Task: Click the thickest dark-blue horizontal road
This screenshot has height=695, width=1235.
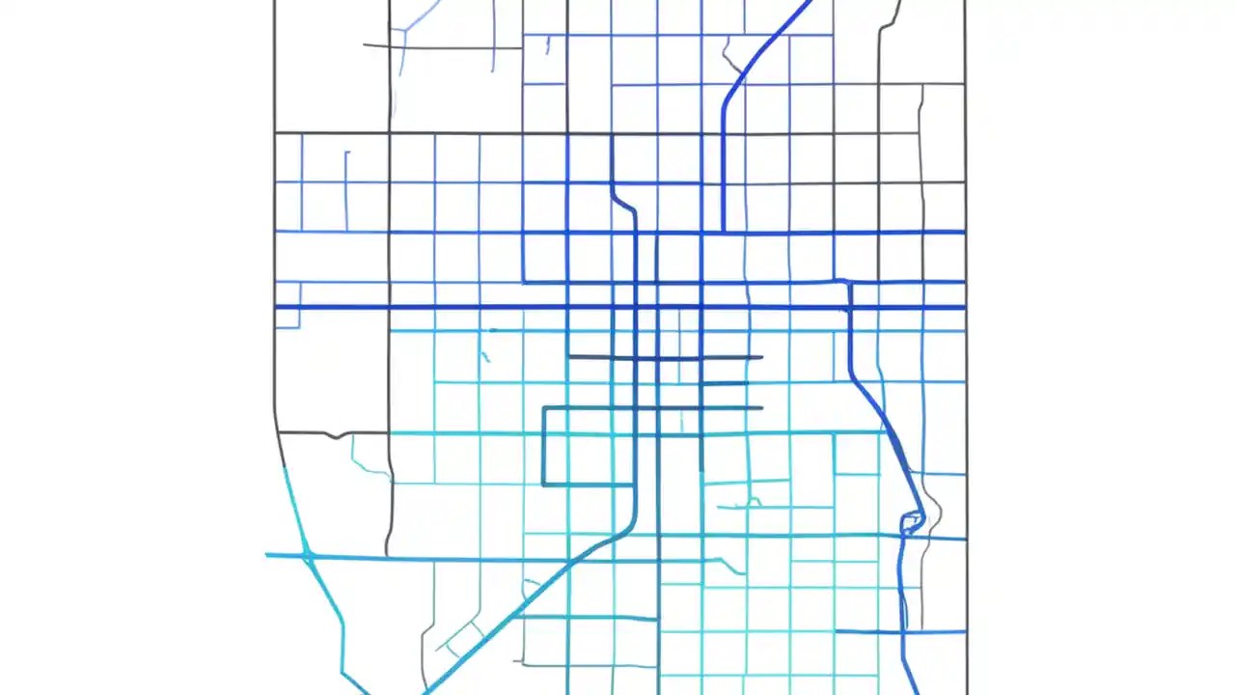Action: pos(617,307)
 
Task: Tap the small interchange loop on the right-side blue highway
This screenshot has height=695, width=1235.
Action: pos(912,523)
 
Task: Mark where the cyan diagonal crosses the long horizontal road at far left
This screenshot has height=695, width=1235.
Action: pos(306,556)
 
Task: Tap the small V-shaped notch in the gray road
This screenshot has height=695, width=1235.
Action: pos(335,435)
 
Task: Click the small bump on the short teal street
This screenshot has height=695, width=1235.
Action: pos(751,502)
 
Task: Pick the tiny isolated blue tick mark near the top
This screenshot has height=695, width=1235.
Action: pos(547,44)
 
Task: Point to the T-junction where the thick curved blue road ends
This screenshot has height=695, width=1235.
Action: pos(724,232)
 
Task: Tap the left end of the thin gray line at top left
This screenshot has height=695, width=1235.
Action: pos(365,44)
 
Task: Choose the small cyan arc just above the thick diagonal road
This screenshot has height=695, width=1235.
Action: pos(531,585)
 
